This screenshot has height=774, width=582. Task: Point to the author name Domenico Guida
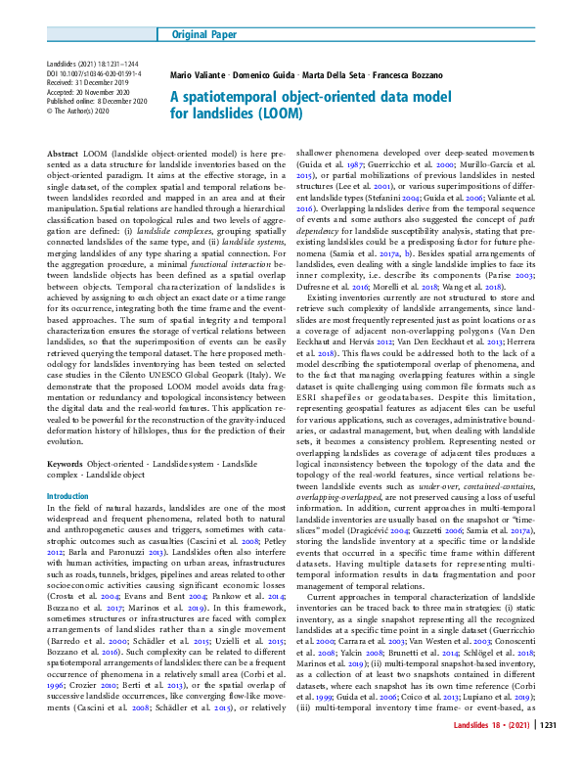265,75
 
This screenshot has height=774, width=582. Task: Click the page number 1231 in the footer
547,753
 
